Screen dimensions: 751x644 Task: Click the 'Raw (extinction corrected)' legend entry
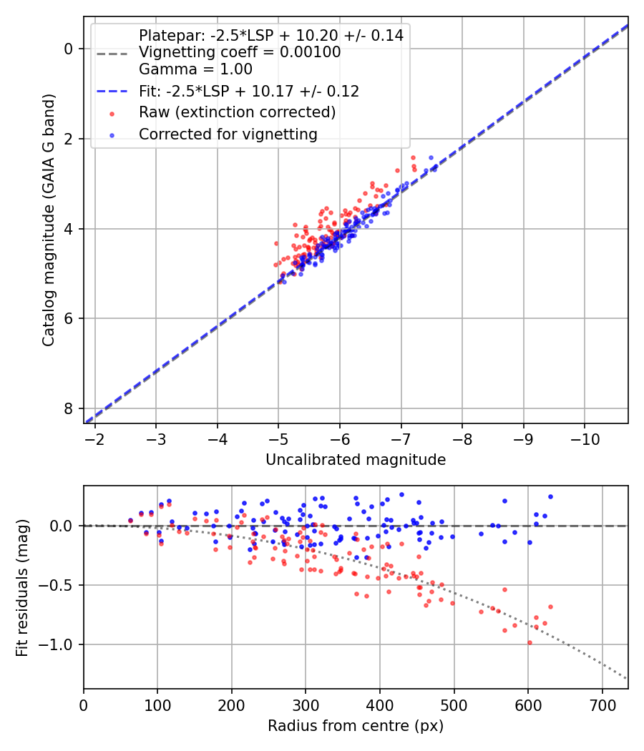[x=237, y=112]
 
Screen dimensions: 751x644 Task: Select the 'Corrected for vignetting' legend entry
[x=228, y=134]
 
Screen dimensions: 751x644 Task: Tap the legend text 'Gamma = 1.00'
[x=195, y=69]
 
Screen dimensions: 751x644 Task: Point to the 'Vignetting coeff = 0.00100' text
[x=240, y=52]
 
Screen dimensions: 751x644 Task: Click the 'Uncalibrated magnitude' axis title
[x=356, y=460]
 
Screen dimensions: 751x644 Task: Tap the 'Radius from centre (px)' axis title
[x=356, y=726]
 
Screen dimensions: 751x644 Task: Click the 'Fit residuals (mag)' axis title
[x=22, y=587]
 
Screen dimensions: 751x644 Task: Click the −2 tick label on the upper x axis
[x=95, y=437]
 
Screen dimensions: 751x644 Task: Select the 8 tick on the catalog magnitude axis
[x=69, y=408]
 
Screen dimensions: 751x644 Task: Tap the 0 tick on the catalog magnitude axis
[x=69, y=49]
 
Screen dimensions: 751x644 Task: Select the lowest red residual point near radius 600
[x=530, y=642]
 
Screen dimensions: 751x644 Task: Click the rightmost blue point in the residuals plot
[x=550, y=496]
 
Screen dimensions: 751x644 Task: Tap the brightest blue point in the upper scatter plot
[x=431, y=157]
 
